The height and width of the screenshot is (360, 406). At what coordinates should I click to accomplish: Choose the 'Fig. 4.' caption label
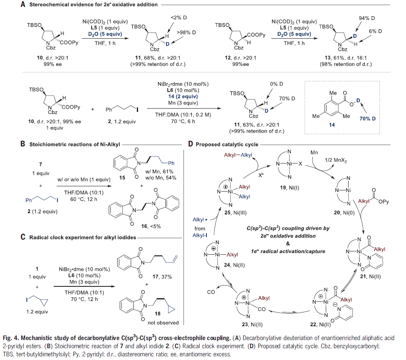pyautogui.click(x=10, y=337)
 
